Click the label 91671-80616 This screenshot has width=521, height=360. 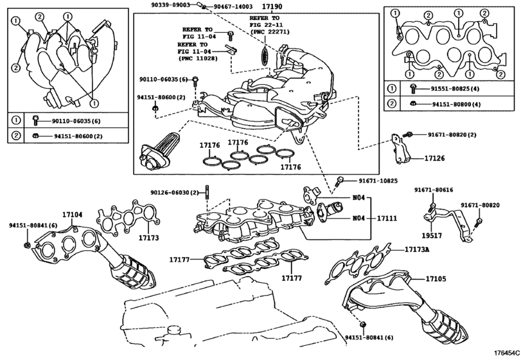point(433,190)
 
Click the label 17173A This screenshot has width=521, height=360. point(417,249)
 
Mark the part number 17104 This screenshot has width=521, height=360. point(73,215)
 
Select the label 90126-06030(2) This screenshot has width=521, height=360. point(175,192)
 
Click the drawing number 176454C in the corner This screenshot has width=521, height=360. point(506,353)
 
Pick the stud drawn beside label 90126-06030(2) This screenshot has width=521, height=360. point(208,193)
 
